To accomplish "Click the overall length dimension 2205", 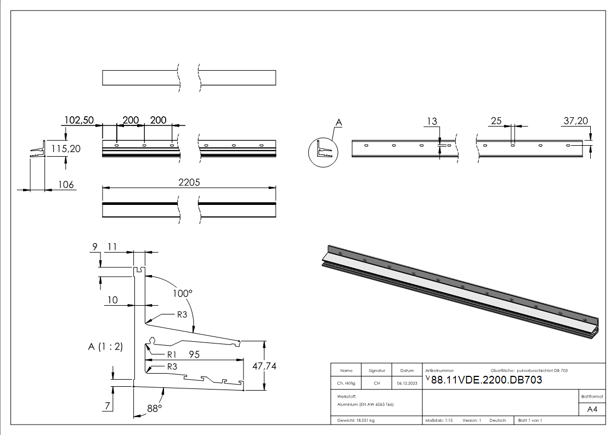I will coord(189,184).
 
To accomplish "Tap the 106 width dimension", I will coord(66,185).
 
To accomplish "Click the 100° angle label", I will coord(183,293).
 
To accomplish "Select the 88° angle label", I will coord(155,408).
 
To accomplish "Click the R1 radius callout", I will coord(171,354).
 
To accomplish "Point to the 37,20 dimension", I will coord(576,121).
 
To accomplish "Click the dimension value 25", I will coord(496,121).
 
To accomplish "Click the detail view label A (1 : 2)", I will coord(105,346).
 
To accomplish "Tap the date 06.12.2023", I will coord(407,383).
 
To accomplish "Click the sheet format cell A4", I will coord(592,409).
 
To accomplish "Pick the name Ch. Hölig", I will coord(346,383).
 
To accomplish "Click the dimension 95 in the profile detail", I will coord(194,354).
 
